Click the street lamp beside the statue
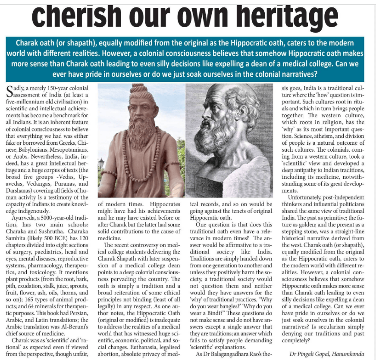coord(101,164)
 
